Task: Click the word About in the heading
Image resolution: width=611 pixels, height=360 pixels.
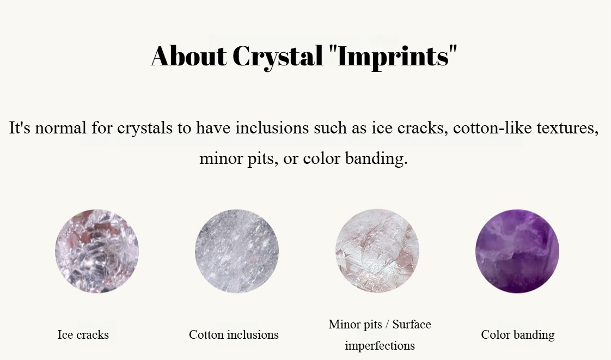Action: pyautogui.click(x=188, y=56)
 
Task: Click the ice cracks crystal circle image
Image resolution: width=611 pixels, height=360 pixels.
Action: pyautogui.click(x=96, y=251)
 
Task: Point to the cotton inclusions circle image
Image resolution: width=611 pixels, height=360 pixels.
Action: pyautogui.click(x=237, y=251)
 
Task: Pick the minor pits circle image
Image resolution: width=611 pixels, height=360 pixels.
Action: pyautogui.click(x=377, y=251)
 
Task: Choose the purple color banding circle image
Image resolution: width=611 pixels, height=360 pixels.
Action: pyautogui.click(x=517, y=251)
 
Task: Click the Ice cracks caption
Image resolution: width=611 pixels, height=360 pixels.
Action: pyautogui.click(x=83, y=335)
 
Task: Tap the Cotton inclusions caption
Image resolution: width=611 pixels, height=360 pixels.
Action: pyautogui.click(x=234, y=335)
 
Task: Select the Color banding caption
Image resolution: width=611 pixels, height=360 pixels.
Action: pyautogui.click(x=518, y=335)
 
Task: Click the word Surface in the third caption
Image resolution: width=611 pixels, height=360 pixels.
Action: pyautogui.click(x=412, y=324)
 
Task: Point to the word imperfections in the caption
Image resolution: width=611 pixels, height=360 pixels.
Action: pyautogui.click(x=380, y=346)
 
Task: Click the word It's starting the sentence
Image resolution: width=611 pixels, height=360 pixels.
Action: pyautogui.click(x=20, y=127)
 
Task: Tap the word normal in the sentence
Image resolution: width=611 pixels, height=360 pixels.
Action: pyautogui.click(x=61, y=127)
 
